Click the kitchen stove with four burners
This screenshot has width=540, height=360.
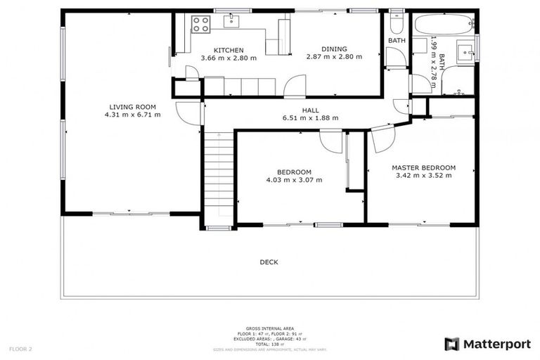click(x=200, y=25)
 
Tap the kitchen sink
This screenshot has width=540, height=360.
click(x=232, y=21)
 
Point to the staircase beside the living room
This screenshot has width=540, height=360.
click(x=218, y=179)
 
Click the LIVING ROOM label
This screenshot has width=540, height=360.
click(x=132, y=105)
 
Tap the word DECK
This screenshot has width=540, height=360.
click(x=269, y=262)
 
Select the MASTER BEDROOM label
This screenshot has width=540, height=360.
click(x=423, y=167)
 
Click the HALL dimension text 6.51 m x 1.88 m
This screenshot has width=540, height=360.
click(x=310, y=118)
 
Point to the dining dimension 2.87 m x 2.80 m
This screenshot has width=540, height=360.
click(x=334, y=57)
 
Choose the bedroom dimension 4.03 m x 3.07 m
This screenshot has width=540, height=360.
click(x=294, y=180)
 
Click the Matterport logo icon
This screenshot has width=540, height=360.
click(x=452, y=344)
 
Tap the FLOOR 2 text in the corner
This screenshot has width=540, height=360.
click(x=20, y=349)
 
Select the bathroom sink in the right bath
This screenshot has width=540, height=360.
click(x=466, y=50)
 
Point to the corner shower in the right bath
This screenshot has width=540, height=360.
click(x=461, y=81)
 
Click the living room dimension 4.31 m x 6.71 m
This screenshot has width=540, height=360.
click(x=132, y=114)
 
